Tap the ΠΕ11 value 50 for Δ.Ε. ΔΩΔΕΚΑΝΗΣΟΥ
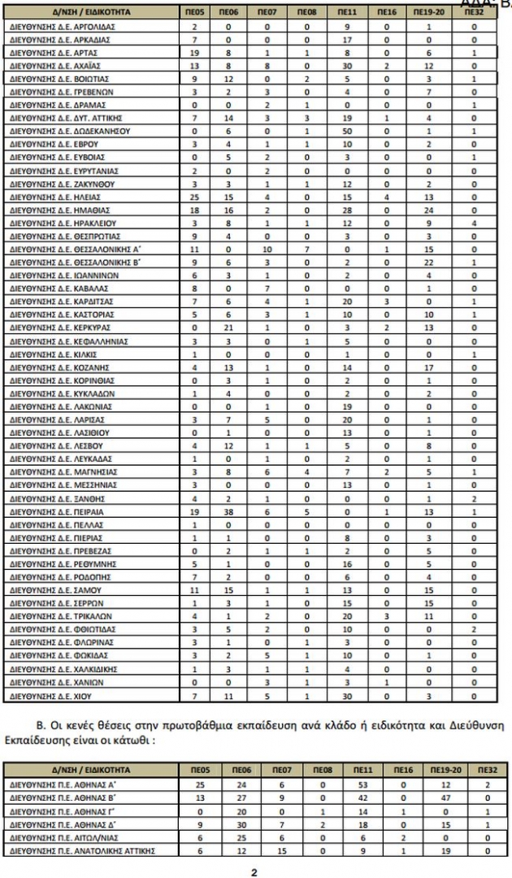pos(346,131)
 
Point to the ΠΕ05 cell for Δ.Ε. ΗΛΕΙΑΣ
pos(194,197)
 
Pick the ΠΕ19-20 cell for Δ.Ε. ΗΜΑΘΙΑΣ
pos(428,210)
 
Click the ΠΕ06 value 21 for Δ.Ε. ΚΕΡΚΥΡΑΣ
pos(229,328)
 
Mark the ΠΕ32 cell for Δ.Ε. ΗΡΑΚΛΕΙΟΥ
pos(475,223)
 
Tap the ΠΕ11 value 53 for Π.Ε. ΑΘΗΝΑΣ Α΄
pos(346,784)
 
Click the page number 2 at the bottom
pos(254,871)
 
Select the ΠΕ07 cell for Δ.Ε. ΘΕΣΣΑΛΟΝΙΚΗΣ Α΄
pos(266,249)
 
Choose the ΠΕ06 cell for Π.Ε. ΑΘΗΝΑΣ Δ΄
pos(229,824)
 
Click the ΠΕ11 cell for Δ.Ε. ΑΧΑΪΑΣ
pos(346,65)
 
